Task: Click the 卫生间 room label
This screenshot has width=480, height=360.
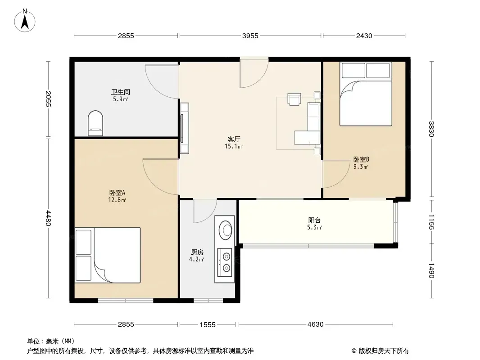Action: pos(120,92)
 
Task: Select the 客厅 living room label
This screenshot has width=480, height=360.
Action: pos(234,139)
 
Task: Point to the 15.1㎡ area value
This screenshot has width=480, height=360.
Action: pos(234,147)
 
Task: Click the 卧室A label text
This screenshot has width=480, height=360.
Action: pos(117,193)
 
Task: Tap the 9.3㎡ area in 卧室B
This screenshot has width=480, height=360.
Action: pos(361,166)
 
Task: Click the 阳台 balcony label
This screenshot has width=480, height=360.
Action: pos(314,220)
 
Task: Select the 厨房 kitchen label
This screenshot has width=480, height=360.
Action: pos(197,252)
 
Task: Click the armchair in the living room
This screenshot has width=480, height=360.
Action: pos(294,99)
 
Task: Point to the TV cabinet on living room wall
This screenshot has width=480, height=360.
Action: pos(184,128)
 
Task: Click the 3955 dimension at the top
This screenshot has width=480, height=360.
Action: pos(250,36)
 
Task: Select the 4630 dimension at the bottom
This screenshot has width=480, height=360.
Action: pos(315,324)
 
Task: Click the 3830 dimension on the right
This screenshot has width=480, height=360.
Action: pos(431,129)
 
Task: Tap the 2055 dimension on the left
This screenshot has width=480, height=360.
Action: pos(48,99)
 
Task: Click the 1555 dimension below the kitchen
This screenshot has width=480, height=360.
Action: pos(208,324)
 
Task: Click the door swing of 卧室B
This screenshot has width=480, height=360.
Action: pos(336,174)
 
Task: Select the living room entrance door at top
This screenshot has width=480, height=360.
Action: pos(254,73)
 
